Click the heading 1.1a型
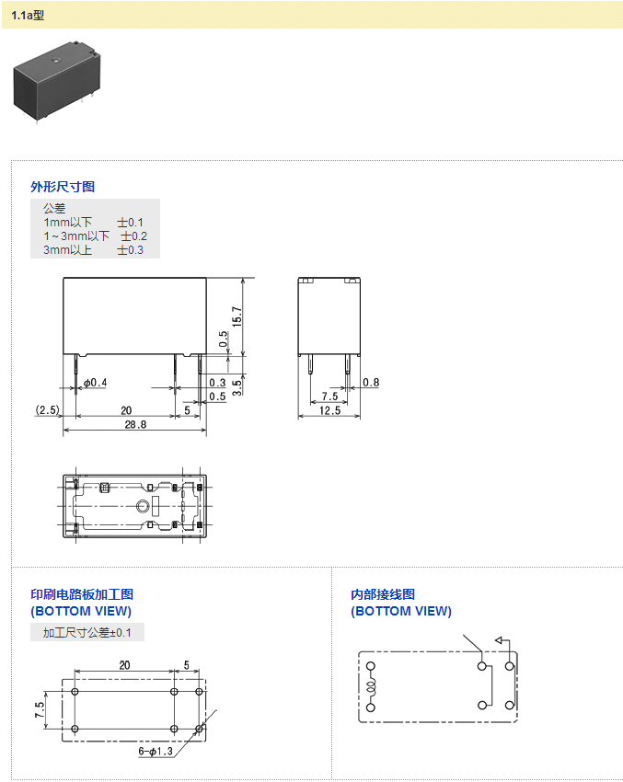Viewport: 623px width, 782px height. click(28, 15)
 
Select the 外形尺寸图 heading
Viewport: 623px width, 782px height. click(63, 187)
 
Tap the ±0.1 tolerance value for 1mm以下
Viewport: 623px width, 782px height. click(130, 223)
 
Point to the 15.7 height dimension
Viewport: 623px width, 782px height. click(237, 316)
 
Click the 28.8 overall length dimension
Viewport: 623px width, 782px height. click(134, 424)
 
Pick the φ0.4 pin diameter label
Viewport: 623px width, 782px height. click(95, 383)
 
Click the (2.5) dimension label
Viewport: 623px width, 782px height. click(48, 409)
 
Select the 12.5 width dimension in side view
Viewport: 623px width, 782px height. click(329, 410)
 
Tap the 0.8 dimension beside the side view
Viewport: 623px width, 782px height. click(371, 383)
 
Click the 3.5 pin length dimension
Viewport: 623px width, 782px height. click(237, 386)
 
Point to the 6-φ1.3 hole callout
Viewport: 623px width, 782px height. click(156, 752)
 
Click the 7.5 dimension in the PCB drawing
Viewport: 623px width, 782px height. click(39, 710)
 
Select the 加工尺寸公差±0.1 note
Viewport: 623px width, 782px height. click(87, 633)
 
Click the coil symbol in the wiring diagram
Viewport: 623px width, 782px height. click(372, 687)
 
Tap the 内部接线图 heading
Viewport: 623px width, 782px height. click(383, 594)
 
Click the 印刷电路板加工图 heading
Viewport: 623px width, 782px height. click(82, 594)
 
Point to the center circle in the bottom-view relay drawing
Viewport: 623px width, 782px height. click(142, 507)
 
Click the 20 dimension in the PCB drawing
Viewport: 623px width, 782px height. click(124, 665)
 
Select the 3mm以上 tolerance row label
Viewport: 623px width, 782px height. click(67, 250)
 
